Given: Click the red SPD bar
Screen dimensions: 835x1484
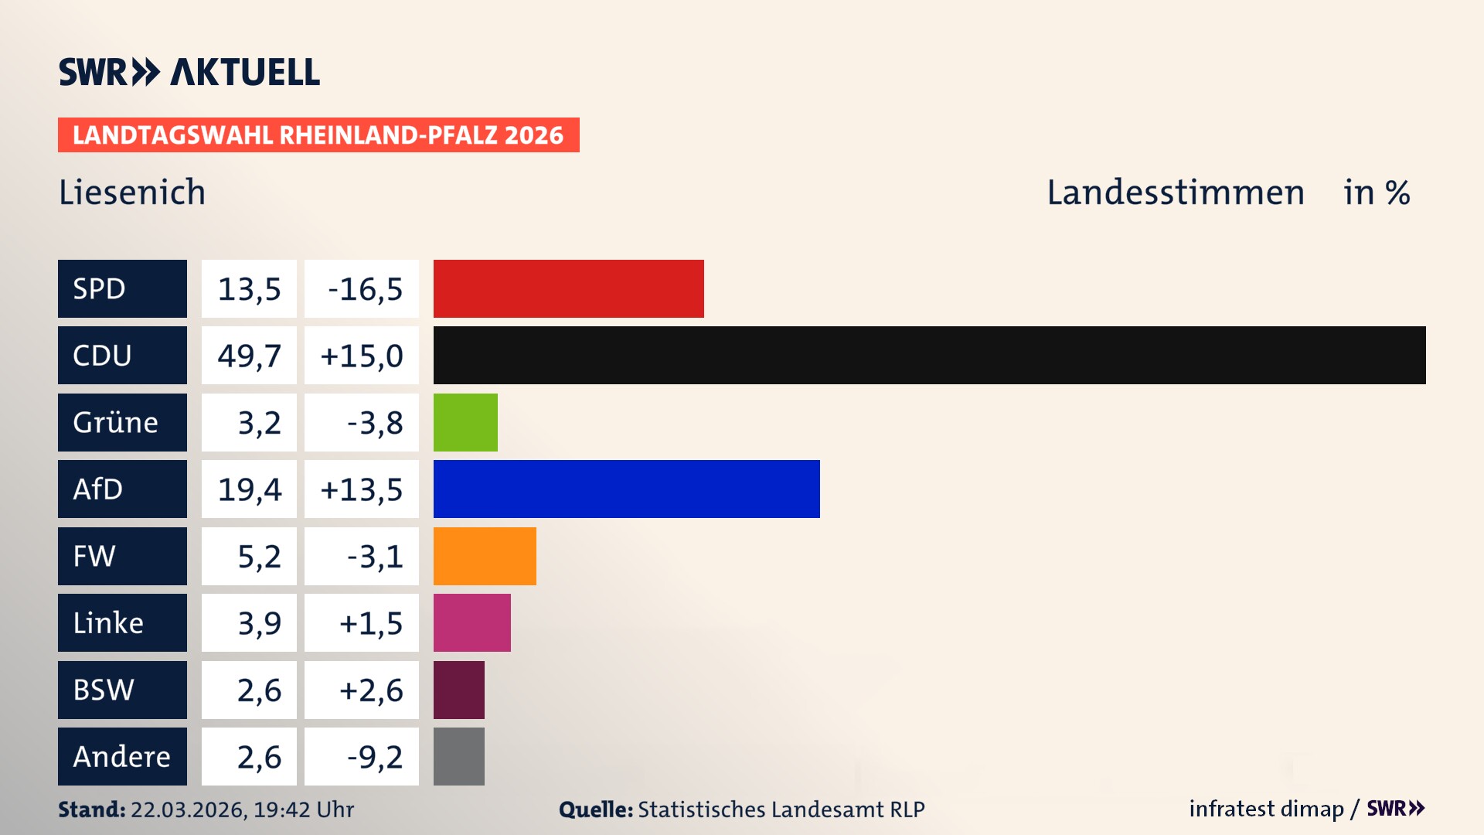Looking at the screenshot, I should pyautogui.click(x=568, y=288).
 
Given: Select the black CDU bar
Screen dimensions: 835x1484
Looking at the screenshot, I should pyautogui.click(x=929, y=355).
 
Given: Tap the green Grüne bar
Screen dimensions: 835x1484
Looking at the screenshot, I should pyautogui.click(x=465, y=422).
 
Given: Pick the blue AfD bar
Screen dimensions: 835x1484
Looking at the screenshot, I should pyautogui.click(x=626, y=489).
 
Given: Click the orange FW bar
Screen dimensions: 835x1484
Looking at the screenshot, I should pyautogui.click(x=485, y=556).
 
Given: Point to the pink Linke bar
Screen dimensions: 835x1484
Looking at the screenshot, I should pyautogui.click(x=471, y=622).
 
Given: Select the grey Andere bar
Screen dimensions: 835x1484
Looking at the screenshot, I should pyautogui.click(x=458, y=756).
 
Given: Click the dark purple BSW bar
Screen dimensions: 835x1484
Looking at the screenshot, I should pyautogui.click(x=458, y=690).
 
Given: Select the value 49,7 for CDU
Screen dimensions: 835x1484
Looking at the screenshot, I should pyautogui.click(x=249, y=356).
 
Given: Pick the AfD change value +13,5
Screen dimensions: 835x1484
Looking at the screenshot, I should pyautogui.click(x=362, y=489).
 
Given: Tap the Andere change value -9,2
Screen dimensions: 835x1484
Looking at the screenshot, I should pyautogui.click(x=374, y=756).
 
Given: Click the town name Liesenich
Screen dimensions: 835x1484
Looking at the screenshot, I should pyautogui.click(x=132, y=193).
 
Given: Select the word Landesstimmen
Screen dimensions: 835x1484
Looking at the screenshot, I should pyautogui.click(x=1175, y=193).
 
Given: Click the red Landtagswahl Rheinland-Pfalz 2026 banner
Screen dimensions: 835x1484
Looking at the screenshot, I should pyautogui.click(x=318, y=135).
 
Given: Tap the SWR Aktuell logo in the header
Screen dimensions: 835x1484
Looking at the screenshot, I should pyautogui.click(x=189, y=72).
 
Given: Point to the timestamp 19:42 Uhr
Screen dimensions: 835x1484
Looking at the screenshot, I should pyautogui.click(x=303, y=809).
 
